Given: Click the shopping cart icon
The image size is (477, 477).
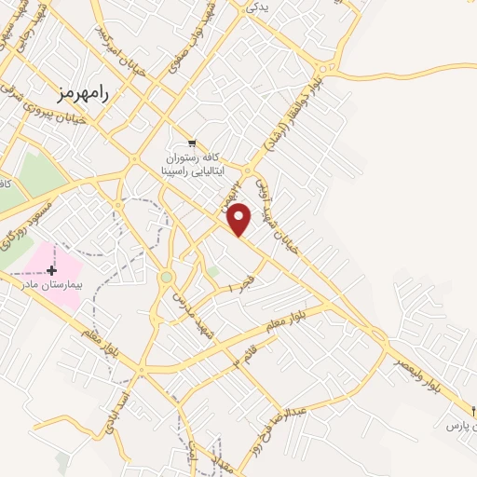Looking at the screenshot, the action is pos(192,143).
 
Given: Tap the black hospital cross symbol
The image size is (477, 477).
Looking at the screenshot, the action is pos(51,269).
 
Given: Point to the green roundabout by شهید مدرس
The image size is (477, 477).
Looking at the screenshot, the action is pos(167,277).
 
